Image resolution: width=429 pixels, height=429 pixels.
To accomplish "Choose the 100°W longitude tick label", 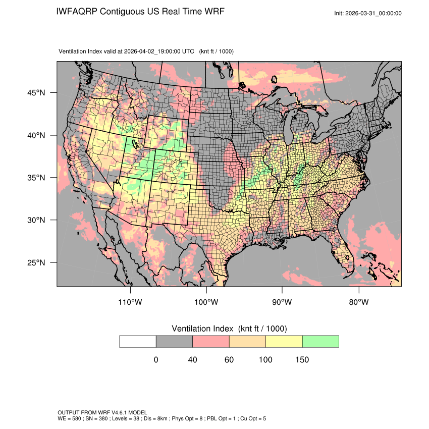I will click(x=206, y=302).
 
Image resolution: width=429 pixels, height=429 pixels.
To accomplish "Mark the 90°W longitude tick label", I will click(x=282, y=302).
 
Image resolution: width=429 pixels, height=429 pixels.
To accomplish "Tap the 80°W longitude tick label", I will click(x=359, y=302).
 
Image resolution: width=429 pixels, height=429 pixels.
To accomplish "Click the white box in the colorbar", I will click(x=138, y=342).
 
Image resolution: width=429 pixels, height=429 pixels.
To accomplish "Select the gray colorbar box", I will click(x=174, y=342).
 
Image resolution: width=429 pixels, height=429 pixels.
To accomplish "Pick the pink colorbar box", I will click(x=211, y=342).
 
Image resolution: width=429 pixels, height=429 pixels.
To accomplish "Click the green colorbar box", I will click(x=320, y=342).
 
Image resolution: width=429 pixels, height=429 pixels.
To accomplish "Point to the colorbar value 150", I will click(x=302, y=360).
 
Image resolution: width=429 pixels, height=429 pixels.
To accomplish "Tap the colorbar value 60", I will click(x=229, y=360).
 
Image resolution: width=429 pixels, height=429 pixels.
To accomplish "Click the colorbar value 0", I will click(x=156, y=360).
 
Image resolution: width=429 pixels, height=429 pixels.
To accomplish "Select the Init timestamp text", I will click(x=368, y=14).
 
